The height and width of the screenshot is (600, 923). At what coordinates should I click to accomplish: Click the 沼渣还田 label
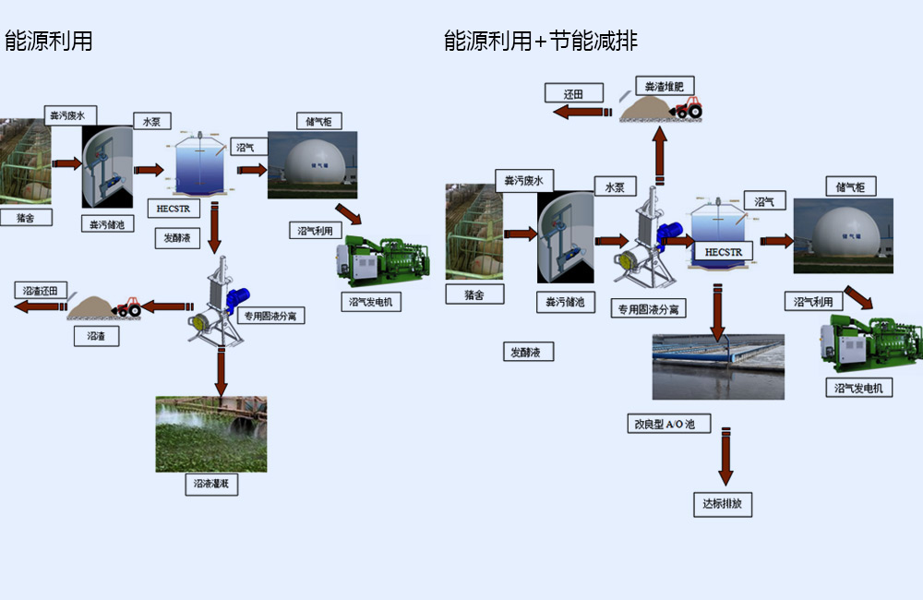click(40, 290)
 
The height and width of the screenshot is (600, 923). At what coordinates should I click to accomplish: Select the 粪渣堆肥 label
click(665, 86)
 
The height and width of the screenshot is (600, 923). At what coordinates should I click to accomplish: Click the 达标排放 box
click(723, 504)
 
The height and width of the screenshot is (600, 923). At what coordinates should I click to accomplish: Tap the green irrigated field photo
click(210, 434)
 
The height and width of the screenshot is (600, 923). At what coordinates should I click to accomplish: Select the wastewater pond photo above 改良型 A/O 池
click(718, 366)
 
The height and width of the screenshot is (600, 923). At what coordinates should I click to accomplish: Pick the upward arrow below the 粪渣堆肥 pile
click(661, 155)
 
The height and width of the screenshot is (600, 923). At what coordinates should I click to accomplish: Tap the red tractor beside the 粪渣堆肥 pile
click(688, 108)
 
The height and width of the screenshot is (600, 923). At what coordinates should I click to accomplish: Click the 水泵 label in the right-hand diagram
click(615, 187)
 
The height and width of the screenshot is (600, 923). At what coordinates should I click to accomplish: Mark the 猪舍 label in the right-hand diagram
click(473, 294)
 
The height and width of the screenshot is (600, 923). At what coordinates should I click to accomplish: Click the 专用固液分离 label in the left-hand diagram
click(271, 316)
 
